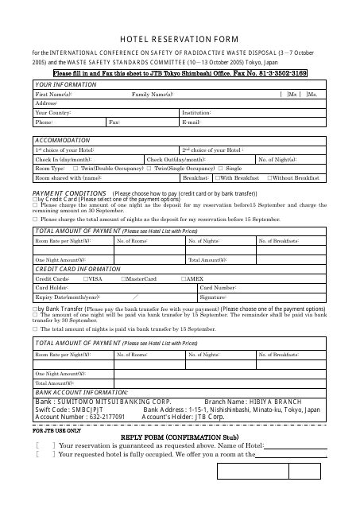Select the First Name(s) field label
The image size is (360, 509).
point(52,94)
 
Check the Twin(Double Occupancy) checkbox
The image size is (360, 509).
point(75,169)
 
